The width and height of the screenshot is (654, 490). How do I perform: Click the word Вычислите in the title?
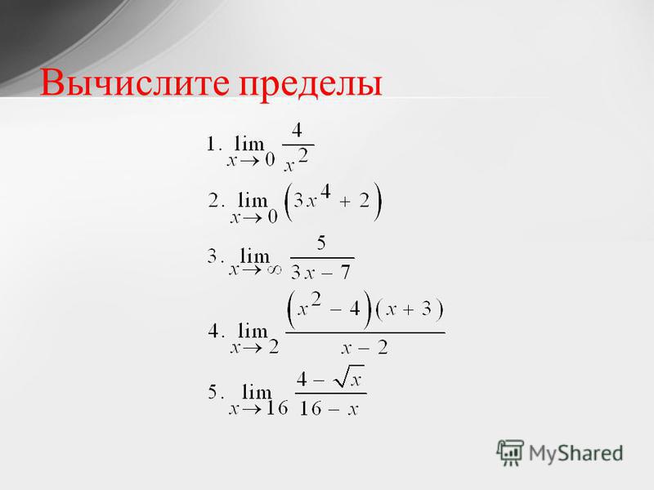pyautogui.click(x=134, y=82)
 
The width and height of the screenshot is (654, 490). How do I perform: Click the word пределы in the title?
pyautogui.click(x=311, y=86)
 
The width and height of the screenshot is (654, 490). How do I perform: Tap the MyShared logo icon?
pyautogui.click(x=509, y=452)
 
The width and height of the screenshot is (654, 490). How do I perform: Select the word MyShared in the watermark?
pyautogui.click(x=576, y=453)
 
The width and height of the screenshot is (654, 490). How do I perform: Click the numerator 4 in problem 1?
pyautogui.click(x=297, y=131)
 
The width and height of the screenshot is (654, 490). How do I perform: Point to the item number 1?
pyautogui.click(x=211, y=145)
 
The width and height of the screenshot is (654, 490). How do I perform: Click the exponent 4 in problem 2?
pyautogui.click(x=325, y=192)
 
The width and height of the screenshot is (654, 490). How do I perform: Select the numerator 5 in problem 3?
pyautogui.click(x=320, y=243)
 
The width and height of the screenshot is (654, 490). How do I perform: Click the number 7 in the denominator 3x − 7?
pyautogui.click(x=345, y=273)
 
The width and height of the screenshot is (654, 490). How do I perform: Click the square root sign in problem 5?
pyautogui.click(x=343, y=376)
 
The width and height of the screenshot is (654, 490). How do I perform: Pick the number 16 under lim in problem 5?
pyautogui.click(x=277, y=408)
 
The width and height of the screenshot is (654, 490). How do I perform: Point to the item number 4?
pyautogui.click(x=213, y=332)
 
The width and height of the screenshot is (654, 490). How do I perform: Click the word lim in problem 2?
pyautogui.click(x=253, y=200)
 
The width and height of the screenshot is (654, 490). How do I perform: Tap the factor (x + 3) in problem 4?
pyautogui.click(x=410, y=310)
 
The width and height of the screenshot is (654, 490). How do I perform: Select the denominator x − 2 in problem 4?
pyautogui.click(x=365, y=348)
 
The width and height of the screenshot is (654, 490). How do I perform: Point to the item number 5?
pyautogui.click(x=213, y=392)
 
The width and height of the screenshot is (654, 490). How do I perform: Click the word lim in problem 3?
pyautogui.click(x=255, y=256)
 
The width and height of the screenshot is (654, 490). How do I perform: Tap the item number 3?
pyautogui.click(x=213, y=256)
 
